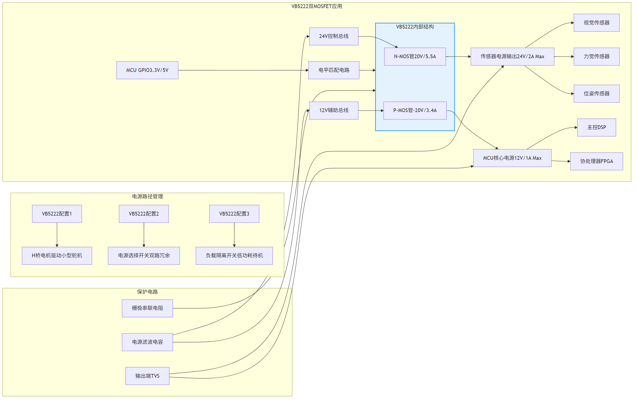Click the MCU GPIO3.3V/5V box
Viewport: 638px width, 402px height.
point(147,70)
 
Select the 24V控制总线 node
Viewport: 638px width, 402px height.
point(334,36)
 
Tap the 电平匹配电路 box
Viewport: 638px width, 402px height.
point(334,70)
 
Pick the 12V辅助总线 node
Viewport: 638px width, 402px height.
point(334,110)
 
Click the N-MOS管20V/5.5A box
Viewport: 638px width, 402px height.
point(415,57)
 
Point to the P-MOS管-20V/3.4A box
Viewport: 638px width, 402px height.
point(415,110)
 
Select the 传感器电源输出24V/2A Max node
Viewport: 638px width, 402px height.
point(512,57)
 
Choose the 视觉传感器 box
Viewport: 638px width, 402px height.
point(597,23)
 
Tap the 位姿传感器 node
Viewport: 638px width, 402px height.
point(597,94)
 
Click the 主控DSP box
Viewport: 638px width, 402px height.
point(597,127)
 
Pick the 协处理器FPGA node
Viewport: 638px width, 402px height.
point(597,161)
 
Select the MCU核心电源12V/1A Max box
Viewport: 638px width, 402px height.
point(512,158)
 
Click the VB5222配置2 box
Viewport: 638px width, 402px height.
point(144,214)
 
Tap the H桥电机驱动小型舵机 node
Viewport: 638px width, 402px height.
point(57,256)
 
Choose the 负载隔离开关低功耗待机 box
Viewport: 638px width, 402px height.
point(234,256)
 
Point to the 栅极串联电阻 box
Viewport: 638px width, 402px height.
point(147,308)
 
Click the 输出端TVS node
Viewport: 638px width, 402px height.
point(147,376)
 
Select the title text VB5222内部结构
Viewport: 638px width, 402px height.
point(415,27)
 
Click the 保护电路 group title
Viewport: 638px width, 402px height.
point(147,292)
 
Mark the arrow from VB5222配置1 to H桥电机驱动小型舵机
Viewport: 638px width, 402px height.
point(57,235)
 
